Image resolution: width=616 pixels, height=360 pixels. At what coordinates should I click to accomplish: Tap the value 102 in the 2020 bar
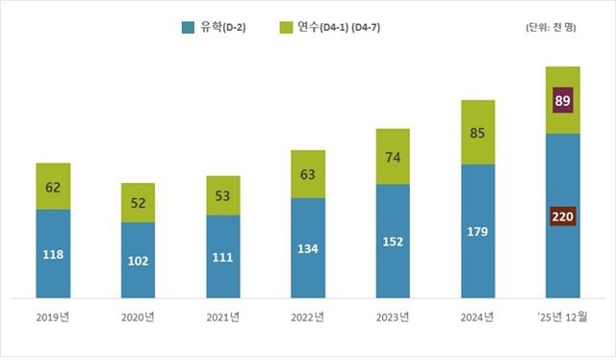pyautogui.click(x=138, y=260)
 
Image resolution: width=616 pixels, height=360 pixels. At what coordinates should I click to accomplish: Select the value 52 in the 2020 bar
pyautogui.click(x=138, y=203)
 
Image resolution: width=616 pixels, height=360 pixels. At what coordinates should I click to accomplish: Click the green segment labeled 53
pyautogui.click(x=222, y=195)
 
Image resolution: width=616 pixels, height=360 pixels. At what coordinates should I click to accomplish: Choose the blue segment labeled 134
pyautogui.click(x=308, y=248)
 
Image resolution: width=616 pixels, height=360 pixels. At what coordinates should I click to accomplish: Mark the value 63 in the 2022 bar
pyautogui.click(x=308, y=174)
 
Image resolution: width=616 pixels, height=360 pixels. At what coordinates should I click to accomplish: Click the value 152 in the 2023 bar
pyautogui.click(x=393, y=242)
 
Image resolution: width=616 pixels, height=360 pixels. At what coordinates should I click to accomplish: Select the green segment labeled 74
pyautogui.click(x=393, y=156)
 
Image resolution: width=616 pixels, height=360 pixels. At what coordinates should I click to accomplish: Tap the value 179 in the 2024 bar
pyautogui.click(x=477, y=230)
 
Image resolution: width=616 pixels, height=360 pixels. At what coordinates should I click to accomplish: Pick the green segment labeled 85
pyautogui.click(x=477, y=132)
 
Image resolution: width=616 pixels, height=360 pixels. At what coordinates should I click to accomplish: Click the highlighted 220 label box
pyautogui.click(x=563, y=217)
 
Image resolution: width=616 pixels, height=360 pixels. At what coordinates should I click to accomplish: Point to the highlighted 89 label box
pyautogui.click(x=563, y=99)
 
